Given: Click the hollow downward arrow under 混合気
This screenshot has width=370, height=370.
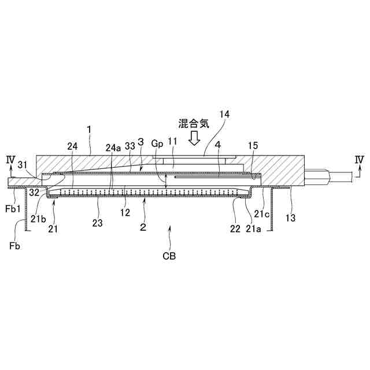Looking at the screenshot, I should [x=195, y=138].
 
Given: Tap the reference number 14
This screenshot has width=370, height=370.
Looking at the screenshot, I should [x=224, y=114].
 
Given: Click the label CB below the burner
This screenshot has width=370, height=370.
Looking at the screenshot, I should [x=169, y=255].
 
